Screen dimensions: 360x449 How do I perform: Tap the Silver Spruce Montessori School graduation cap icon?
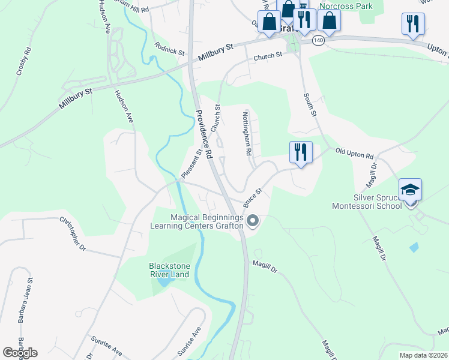[410, 189]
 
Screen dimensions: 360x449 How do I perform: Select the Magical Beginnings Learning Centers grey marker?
[253, 221]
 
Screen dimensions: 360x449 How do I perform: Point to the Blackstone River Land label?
[169, 270]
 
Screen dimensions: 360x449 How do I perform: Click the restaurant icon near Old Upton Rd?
[300, 152]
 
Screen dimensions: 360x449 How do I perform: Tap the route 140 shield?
[318, 40]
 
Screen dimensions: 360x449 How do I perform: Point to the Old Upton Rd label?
[354, 153]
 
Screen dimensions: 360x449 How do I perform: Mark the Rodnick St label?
[169, 48]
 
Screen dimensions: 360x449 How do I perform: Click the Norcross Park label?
[346, 7]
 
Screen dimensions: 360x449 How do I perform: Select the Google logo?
[20, 352]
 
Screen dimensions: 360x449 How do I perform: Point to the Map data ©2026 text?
[423, 355]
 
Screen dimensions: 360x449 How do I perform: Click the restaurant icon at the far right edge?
[412, 23]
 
